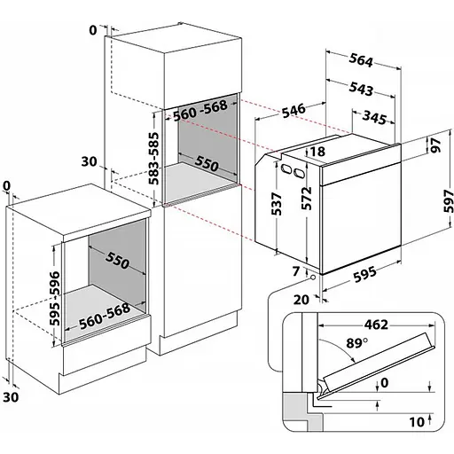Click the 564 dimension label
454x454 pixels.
(361, 60)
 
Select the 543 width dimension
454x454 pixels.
(361, 89)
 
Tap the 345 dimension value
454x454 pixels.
(374, 117)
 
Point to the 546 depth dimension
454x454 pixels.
(294, 111)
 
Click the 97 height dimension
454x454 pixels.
(436, 145)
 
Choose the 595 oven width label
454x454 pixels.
(364, 274)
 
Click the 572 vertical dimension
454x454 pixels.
(307, 198)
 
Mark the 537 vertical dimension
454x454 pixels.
(277, 204)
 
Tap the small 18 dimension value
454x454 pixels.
(318, 152)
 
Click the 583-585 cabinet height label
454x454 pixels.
(153, 159)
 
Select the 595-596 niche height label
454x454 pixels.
(54, 299)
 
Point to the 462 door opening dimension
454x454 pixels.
(376, 325)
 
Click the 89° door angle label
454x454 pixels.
(357, 343)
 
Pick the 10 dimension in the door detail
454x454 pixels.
(417, 422)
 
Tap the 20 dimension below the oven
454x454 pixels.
(301, 300)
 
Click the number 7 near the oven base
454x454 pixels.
(296, 271)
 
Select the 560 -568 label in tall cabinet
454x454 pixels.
(200, 111)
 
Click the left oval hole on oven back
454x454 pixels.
(286, 168)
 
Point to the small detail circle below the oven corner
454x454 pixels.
(312, 278)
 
